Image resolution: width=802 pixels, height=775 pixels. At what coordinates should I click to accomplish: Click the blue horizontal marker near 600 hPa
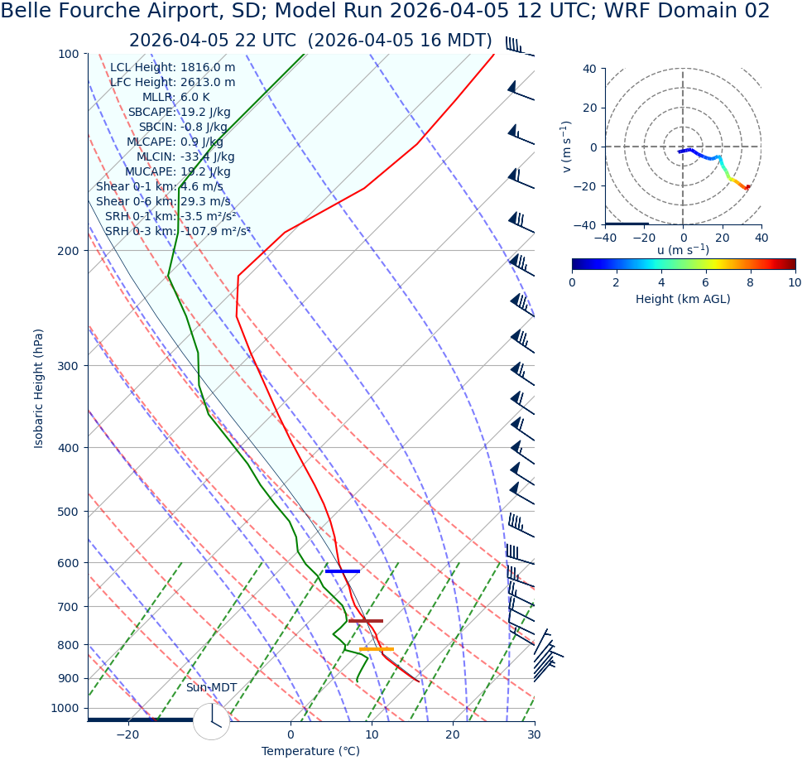pyautogui.click(x=343, y=571)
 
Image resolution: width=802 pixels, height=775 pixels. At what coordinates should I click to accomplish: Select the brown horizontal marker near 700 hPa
pyautogui.click(x=366, y=621)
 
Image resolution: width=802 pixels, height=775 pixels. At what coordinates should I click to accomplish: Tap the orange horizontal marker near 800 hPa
pyautogui.click(x=377, y=649)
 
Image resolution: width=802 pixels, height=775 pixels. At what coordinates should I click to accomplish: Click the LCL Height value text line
pyautogui.click(x=172, y=68)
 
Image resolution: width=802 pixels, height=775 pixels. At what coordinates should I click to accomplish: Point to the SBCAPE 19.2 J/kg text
pyautogui.click(x=179, y=113)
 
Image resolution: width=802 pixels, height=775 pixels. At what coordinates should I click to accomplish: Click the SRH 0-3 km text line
pyautogui.click(x=177, y=231)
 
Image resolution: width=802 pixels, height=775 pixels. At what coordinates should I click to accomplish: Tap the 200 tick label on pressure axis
pyautogui.click(x=68, y=251)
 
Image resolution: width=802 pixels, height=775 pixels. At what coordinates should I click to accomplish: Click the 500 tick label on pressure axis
pyautogui.click(x=68, y=512)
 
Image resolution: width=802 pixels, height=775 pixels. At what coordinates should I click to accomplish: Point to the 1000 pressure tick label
pyautogui.click(x=65, y=709)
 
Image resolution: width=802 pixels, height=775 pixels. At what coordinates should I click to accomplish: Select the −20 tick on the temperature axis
pyautogui.click(x=127, y=735)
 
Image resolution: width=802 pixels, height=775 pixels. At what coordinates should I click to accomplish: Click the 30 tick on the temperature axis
pyautogui.click(x=534, y=735)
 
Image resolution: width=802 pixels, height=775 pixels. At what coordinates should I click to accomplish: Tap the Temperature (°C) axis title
pyautogui.click(x=310, y=752)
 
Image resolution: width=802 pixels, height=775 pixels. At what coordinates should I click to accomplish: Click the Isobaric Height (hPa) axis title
pyautogui.click(x=39, y=388)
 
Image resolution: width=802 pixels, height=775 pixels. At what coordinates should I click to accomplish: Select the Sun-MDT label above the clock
pyautogui.click(x=211, y=688)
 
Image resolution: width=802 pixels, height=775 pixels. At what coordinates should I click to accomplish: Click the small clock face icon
pyautogui.click(x=211, y=721)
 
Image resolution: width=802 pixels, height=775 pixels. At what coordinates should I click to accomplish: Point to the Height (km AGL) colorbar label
pyautogui.click(x=683, y=299)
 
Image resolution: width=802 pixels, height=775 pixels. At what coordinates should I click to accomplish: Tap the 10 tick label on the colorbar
pyautogui.click(x=794, y=282)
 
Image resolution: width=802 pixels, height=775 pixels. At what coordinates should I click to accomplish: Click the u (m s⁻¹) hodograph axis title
pyautogui.click(x=683, y=250)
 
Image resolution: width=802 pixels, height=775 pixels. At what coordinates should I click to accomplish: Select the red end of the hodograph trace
pyautogui.click(x=747, y=187)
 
